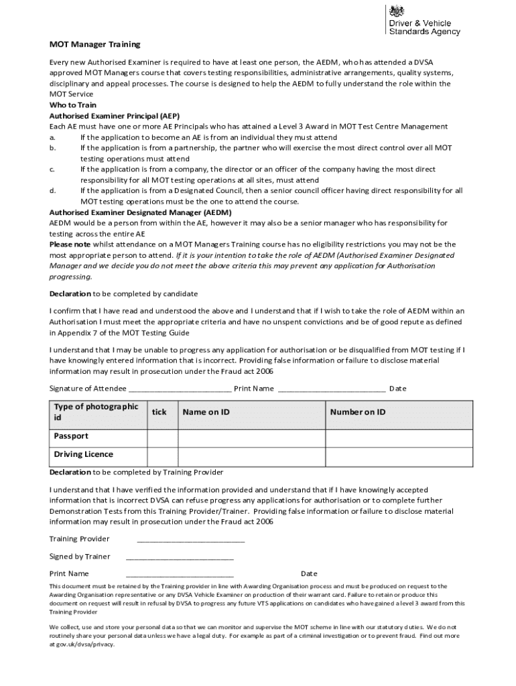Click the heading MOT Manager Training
[95, 44]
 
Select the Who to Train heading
[73, 105]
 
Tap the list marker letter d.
[52, 191]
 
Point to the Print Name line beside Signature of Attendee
[331, 389]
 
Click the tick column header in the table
[159, 412]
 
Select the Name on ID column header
[206, 412]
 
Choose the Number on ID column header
[357, 412]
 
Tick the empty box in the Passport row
[162, 437]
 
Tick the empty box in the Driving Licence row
[162, 456]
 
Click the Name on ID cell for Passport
[251, 437]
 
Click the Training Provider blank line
[190, 540]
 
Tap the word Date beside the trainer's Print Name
[309, 573]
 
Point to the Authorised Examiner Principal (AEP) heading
[115, 116]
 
